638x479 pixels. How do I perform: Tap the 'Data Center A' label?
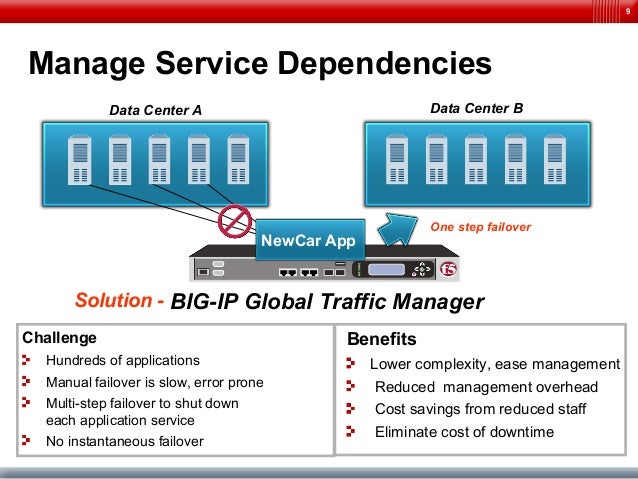click(x=154, y=110)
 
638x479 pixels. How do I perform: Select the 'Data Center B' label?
click(x=476, y=107)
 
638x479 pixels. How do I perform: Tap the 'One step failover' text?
click(x=480, y=227)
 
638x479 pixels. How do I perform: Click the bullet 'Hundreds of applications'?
click(x=123, y=360)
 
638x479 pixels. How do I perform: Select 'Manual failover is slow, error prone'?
click(x=155, y=382)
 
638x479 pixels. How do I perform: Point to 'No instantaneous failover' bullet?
click(x=125, y=441)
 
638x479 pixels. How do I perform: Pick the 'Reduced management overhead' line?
click(x=486, y=387)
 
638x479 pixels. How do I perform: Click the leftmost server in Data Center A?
click(x=80, y=160)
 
